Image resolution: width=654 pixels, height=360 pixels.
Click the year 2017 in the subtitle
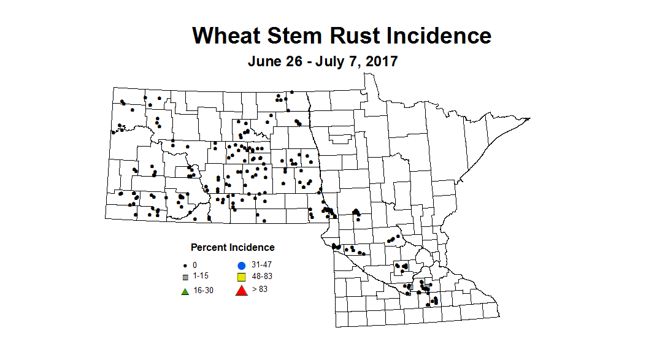coord(381,62)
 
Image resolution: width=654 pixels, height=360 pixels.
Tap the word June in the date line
coord(263,62)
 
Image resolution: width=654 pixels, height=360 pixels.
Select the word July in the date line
coord(334,62)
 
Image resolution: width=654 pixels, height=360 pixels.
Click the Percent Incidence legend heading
coord(233,248)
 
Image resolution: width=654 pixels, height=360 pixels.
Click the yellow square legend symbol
coord(241,277)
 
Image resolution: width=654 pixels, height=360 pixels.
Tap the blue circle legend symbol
coord(241,266)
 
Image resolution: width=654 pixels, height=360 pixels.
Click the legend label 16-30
coord(203,290)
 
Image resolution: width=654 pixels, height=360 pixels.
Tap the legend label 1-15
coord(201,277)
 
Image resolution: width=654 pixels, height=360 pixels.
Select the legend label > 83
coord(260,288)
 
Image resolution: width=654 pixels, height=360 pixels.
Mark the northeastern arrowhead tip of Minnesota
coord(529,118)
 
